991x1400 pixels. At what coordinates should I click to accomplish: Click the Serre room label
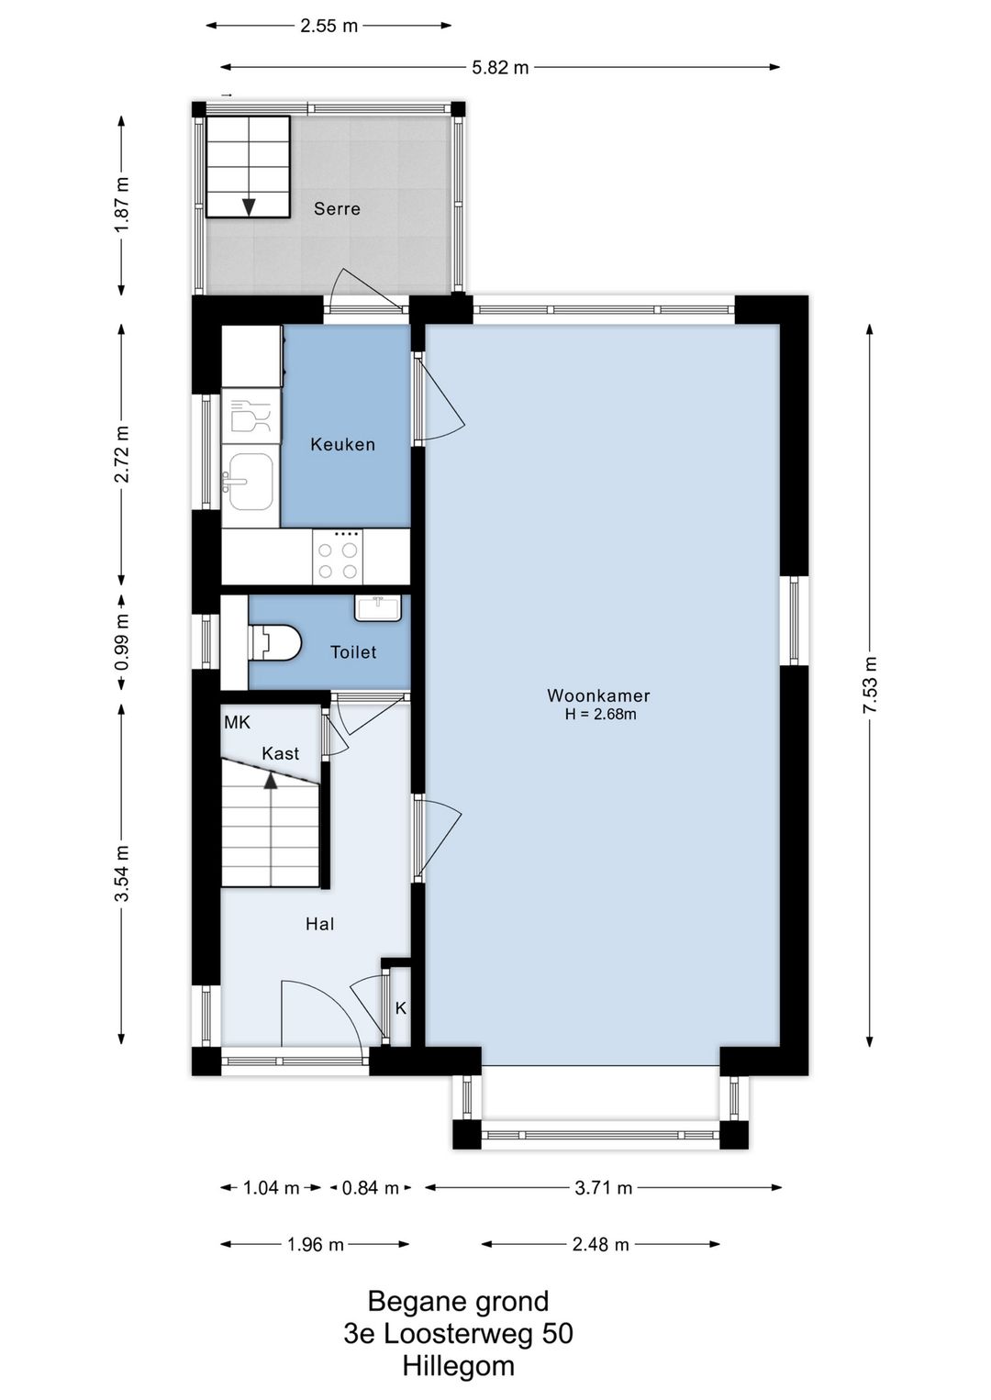pos(337,208)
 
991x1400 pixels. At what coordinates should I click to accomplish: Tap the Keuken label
pos(342,444)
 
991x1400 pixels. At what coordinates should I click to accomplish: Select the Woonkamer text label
pos(598,695)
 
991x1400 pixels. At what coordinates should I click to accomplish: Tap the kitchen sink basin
pos(251,482)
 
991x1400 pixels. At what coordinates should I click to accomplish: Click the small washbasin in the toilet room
pos(378,607)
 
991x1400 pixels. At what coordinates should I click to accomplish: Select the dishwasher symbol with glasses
pos(251,415)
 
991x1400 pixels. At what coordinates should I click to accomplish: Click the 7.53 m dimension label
pos(870,684)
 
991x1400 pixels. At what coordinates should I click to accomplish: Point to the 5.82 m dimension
pos(500,68)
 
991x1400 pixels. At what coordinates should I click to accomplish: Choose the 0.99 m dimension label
pos(122,641)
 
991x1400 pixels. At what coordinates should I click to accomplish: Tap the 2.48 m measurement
pos(600,1244)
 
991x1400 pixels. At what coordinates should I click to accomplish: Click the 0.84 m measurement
pos(370,1187)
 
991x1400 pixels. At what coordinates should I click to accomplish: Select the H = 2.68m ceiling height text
pos(600,714)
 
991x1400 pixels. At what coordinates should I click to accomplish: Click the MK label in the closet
pos(237,723)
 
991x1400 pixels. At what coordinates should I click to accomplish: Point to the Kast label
pos(280,753)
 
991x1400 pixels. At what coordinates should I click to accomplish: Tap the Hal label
pos(319,924)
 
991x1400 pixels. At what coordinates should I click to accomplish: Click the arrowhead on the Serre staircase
pos(249,206)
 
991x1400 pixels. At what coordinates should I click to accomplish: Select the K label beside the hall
pos(401,1008)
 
